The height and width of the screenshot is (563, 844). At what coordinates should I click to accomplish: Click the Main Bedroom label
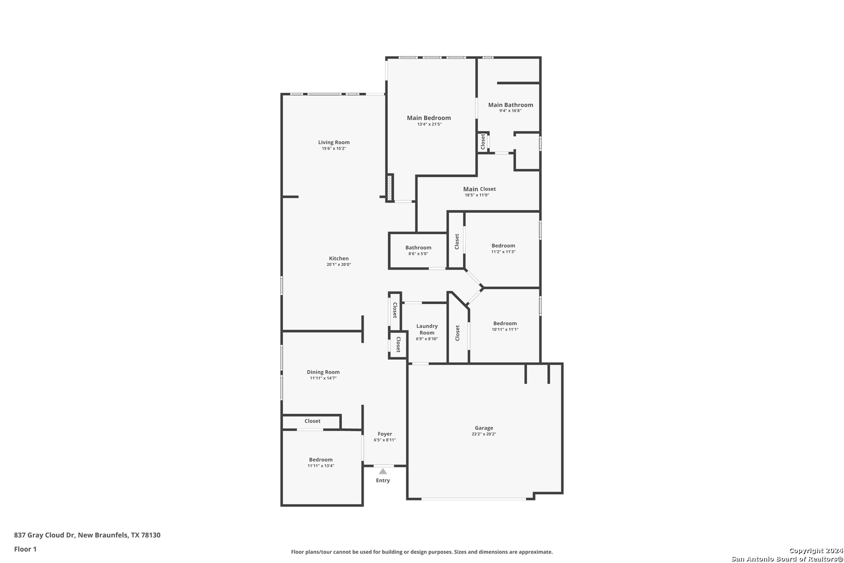point(429,118)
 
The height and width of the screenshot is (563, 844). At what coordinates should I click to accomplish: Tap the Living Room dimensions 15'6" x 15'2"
point(334,149)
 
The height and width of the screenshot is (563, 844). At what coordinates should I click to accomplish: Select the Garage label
point(484,428)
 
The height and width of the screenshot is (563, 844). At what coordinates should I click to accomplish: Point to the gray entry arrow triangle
point(383,471)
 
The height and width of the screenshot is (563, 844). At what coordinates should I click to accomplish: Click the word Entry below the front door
point(383,481)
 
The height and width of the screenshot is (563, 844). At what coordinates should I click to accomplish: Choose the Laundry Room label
point(427,329)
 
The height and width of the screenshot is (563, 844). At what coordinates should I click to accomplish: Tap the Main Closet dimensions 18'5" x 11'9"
point(477,195)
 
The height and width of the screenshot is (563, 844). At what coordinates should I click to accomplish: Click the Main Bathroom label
point(511,105)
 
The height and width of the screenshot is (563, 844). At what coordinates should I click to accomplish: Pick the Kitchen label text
point(339,259)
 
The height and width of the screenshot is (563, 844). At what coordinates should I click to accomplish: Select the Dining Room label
point(324,372)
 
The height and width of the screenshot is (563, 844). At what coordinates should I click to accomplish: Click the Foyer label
point(384,434)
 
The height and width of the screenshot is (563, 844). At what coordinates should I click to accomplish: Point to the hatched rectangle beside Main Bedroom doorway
point(390,188)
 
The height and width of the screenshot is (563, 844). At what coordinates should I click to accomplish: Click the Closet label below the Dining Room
point(313,421)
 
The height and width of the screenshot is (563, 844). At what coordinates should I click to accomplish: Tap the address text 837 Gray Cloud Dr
point(44,535)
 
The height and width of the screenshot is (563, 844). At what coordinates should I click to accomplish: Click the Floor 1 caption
point(25,549)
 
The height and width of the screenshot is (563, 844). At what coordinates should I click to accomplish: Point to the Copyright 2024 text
point(816,551)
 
